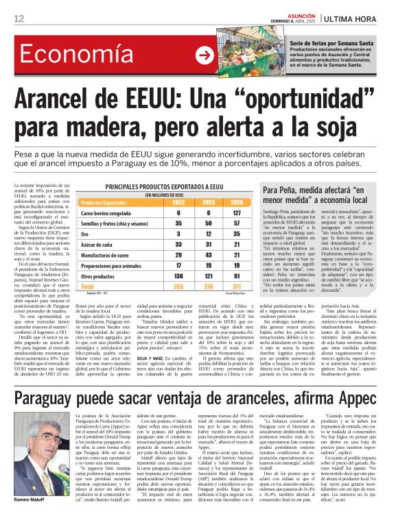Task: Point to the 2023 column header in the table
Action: point(207,203)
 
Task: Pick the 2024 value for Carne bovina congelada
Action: point(237,212)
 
